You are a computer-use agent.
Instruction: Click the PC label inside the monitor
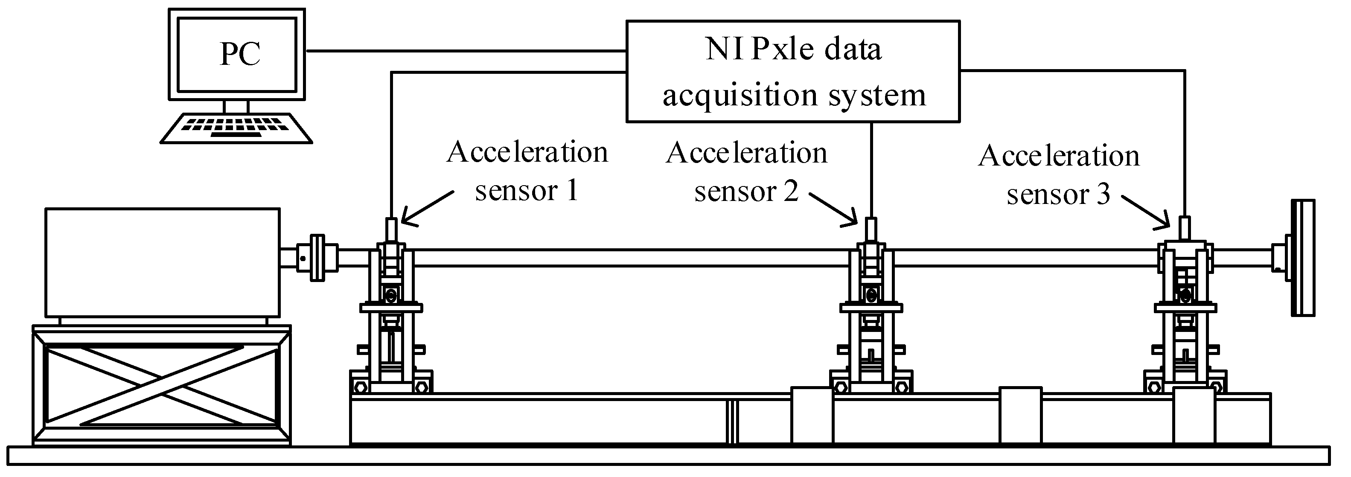pyautogui.click(x=240, y=53)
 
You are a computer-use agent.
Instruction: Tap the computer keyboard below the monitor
pyautogui.click(x=236, y=128)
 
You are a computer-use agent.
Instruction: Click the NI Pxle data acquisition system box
pyautogui.click(x=792, y=71)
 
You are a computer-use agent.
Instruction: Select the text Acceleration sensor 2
pyautogui.click(x=746, y=172)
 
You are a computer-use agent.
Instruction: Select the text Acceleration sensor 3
pyautogui.click(x=1058, y=175)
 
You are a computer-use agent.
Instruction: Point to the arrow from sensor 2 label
pyautogui.click(x=833, y=209)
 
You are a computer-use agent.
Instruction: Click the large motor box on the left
pyautogui.click(x=162, y=262)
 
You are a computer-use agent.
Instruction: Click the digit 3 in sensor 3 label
pyautogui.click(x=1104, y=195)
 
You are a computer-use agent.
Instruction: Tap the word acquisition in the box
pyautogui.click(x=740, y=96)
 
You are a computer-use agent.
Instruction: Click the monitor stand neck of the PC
pyautogui.click(x=236, y=106)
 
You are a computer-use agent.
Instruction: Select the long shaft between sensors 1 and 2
pyautogui.click(x=629, y=258)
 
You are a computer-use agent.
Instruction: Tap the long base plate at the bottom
pyautogui.click(x=669, y=455)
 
